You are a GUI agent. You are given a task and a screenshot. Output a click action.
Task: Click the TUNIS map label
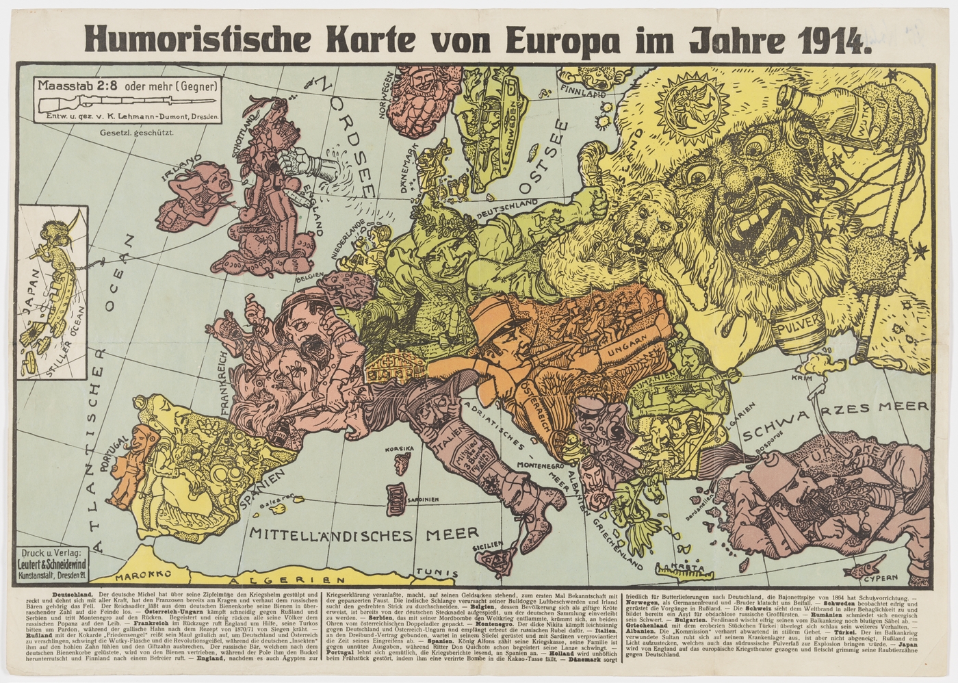coord(439,573)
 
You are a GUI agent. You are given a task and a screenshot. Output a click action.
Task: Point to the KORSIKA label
coord(400,450)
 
